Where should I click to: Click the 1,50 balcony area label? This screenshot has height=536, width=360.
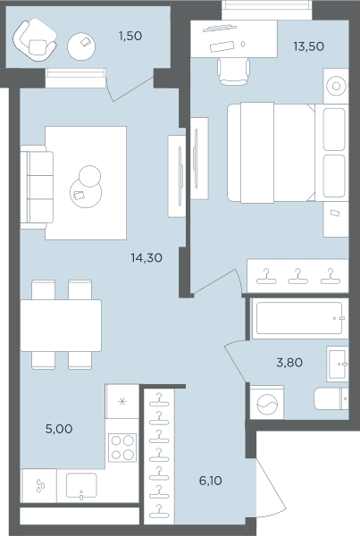130,36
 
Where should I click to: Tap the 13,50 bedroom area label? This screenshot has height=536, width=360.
309,46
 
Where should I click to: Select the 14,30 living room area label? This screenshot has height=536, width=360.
147,258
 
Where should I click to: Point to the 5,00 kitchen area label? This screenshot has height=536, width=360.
59,429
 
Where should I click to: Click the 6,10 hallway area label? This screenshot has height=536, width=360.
210,481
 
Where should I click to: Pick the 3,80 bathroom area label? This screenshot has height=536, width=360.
289,363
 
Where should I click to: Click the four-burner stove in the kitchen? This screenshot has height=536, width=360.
122,448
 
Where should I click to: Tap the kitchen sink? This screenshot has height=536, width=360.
81,486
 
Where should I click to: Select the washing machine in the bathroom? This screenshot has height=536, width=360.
267,403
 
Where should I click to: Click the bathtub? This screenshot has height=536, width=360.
299,318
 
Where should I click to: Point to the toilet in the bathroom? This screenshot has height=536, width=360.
331,398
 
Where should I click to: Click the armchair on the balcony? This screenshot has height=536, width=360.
34,40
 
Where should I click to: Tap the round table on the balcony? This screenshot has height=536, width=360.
81,46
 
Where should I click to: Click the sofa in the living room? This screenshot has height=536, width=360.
37,187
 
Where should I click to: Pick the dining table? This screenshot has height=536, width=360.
61,325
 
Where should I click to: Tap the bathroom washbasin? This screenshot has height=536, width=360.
337,364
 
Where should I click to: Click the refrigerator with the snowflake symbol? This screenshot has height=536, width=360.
122,401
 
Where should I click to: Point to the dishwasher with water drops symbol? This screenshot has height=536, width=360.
39,485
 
